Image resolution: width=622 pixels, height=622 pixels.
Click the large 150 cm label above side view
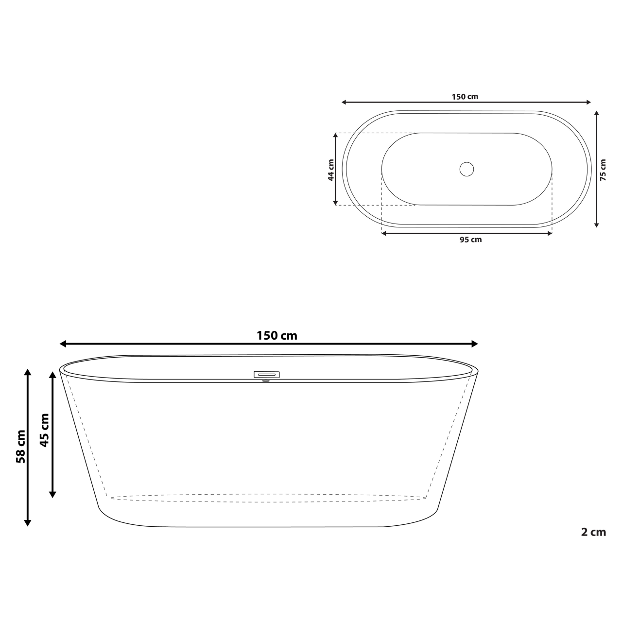tap(276, 335)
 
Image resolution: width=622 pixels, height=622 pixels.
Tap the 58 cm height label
tap(21, 446)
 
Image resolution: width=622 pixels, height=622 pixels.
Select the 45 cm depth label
tap(45, 430)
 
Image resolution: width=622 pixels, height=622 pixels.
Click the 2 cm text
tap(593, 532)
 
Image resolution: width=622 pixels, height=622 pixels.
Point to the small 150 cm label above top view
tap(465, 96)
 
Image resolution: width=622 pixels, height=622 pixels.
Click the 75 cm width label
tap(603, 170)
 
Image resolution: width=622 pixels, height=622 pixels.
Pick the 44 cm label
tap(331, 170)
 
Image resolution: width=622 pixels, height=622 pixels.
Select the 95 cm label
tap(470, 240)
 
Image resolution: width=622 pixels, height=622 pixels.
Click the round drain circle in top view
tap(466, 169)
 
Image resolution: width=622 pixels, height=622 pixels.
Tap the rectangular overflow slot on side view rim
tap(267, 374)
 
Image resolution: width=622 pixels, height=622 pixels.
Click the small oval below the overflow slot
tap(266, 381)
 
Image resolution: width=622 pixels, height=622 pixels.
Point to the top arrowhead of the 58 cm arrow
tap(28, 373)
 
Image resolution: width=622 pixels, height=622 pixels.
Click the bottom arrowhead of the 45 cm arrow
tap(52, 494)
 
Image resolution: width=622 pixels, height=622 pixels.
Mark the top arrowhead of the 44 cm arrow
tap(335, 137)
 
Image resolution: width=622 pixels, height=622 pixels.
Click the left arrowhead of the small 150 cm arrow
tap(345, 102)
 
